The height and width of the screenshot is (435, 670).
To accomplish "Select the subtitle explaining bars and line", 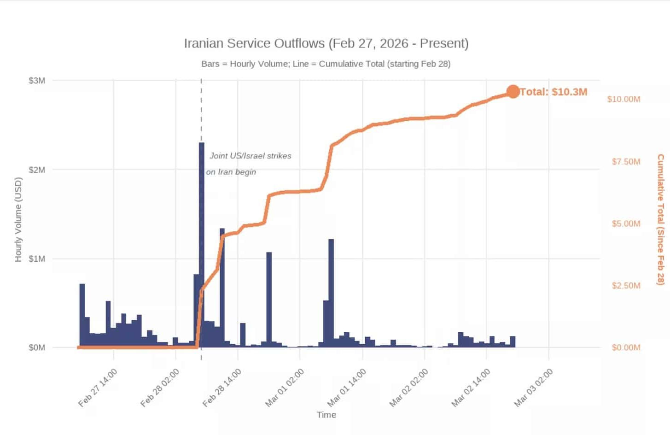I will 326,64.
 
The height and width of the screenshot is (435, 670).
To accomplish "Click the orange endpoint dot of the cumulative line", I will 513,92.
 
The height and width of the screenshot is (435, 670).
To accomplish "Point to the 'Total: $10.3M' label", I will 553,92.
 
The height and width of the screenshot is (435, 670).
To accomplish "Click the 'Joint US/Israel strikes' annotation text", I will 250,156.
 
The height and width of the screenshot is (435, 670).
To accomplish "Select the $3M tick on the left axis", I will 37,81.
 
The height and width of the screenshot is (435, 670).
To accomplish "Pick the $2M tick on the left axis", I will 37,170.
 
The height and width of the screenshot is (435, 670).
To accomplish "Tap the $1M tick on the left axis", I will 37,259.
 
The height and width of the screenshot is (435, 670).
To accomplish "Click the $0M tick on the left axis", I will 37,347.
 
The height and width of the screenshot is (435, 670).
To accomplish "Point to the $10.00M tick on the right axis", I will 623,99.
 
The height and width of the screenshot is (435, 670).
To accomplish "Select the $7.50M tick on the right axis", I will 626,161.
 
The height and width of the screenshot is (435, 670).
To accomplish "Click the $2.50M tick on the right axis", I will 626,286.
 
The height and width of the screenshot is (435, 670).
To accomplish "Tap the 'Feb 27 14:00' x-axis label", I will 98,388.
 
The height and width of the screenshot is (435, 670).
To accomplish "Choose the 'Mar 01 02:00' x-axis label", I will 285,388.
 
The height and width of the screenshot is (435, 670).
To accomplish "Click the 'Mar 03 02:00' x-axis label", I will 533,388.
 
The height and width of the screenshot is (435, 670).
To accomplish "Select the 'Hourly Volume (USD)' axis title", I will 18,219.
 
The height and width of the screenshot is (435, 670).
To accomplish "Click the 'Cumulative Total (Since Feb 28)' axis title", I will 660,219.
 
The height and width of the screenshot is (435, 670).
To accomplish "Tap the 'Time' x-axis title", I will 326,415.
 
